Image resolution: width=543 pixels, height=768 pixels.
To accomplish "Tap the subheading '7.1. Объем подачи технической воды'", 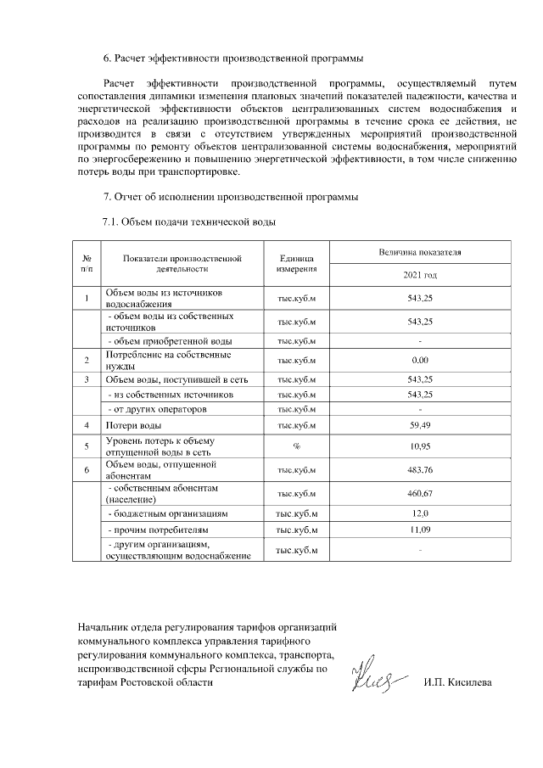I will tap(189, 221).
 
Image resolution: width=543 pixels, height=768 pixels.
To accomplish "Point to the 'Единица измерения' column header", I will tap(296, 262).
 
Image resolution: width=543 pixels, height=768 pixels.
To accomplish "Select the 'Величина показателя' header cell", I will tap(420, 253).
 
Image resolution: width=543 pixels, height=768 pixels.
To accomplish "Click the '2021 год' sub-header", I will tap(420, 276).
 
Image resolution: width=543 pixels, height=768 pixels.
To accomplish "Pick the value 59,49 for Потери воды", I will tap(420, 424).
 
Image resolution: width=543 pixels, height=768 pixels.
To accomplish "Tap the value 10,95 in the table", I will tap(420, 446).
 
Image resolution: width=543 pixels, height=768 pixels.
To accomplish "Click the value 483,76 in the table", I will tap(420, 469).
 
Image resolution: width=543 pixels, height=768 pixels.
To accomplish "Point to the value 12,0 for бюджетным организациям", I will tap(420, 513).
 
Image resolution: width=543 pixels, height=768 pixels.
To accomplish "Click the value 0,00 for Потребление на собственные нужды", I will tap(420, 361).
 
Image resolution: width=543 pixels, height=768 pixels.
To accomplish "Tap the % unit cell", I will tap(296, 446).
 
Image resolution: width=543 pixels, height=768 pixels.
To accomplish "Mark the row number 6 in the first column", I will tap(87, 469).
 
